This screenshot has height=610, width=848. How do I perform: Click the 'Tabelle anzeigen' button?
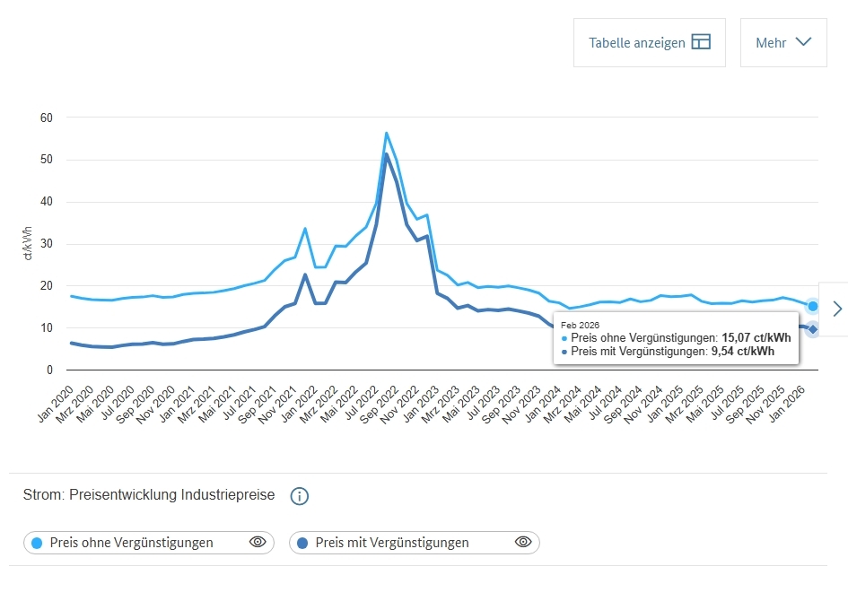click(650, 42)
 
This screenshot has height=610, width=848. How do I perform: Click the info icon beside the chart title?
click(300, 496)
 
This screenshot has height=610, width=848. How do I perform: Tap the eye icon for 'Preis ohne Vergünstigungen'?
click(258, 542)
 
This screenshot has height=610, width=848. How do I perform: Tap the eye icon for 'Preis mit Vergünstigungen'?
click(523, 542)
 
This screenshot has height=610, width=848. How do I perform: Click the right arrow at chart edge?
click(837, 309)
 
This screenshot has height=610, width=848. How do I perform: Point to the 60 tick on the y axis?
click(46, 118)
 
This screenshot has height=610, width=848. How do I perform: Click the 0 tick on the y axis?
click(49, 370)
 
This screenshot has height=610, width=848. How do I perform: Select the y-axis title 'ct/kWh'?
click(28, 244)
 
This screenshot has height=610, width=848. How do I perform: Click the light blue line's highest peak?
click(386, 133)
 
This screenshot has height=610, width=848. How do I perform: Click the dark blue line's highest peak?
click(386, 154)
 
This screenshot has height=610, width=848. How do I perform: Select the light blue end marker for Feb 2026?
click(812, 306)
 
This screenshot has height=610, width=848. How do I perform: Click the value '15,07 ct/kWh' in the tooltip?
click(756, 337)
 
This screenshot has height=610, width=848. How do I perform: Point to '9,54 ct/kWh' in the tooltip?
click(744, 352)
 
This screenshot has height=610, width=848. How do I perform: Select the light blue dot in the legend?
click(37, 543)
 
